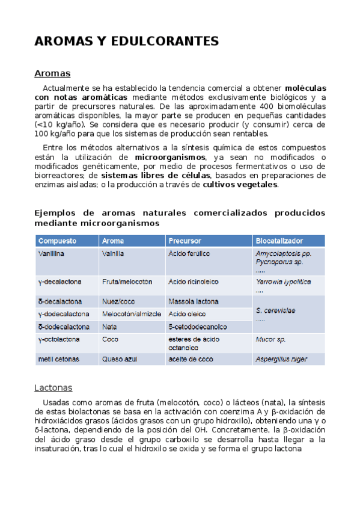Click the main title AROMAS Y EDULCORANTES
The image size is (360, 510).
[126, 41]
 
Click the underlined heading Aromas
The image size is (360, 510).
[52, 73]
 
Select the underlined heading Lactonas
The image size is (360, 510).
[53, 388]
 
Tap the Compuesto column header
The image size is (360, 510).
[58, 241]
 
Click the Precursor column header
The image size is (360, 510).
[185, 241]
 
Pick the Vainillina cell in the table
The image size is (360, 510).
[52, 254]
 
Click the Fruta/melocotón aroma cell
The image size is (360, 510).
[127, 281]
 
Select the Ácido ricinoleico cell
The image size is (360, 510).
[194, 281]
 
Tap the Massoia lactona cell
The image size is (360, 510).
[194, 301]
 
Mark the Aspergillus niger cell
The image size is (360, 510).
[281, 359]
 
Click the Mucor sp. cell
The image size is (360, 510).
[270, 340]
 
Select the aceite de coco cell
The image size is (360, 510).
[191, 359]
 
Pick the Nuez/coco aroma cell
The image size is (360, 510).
[118, 301]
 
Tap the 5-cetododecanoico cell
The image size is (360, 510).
[198, 327]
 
